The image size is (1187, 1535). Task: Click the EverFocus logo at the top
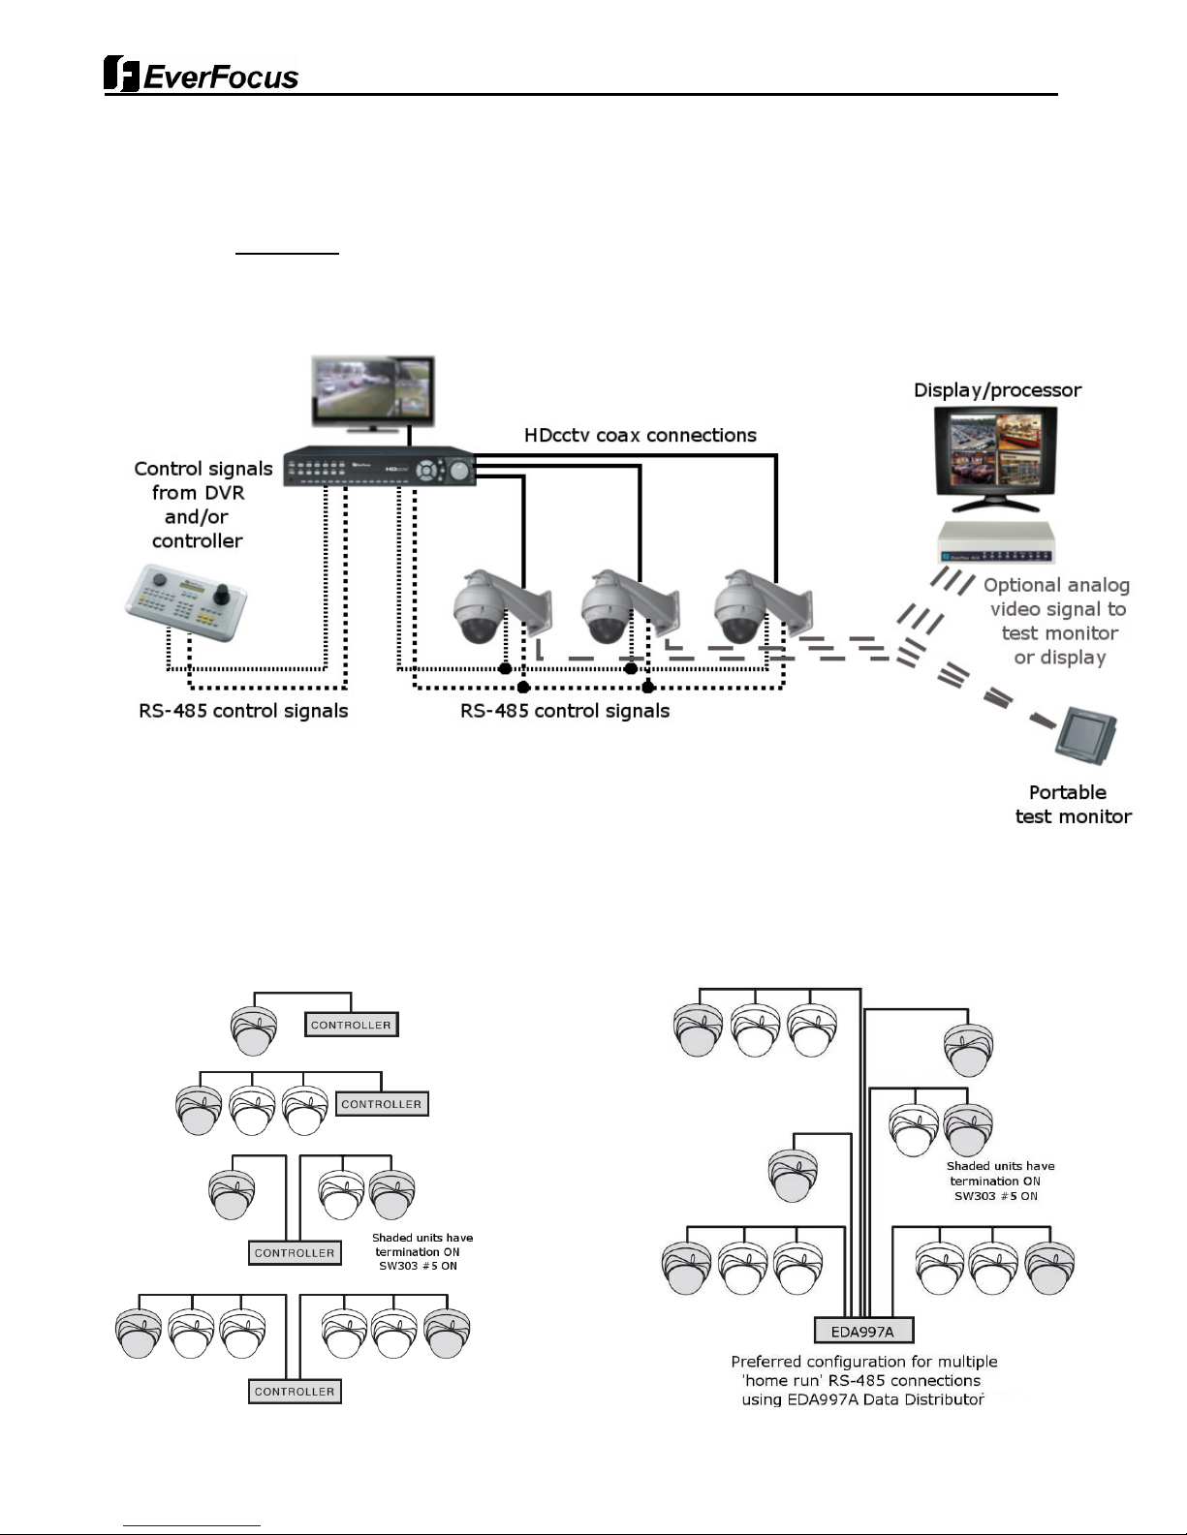202,75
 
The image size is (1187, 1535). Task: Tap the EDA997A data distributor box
862,1331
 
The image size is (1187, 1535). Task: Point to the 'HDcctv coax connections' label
640,436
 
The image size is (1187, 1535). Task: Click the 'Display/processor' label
997,390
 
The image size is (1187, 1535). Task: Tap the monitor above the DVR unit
373,392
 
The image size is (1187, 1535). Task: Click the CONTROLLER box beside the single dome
351,1025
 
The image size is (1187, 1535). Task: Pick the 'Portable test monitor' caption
1072,804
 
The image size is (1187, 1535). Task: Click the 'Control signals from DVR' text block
202,505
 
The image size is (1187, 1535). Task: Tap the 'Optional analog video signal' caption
1057,621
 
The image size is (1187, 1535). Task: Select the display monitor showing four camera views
995,458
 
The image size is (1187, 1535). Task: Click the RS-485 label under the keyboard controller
243,711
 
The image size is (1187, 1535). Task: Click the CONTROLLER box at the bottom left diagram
295,1392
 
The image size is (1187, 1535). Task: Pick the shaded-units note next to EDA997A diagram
1000,1181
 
